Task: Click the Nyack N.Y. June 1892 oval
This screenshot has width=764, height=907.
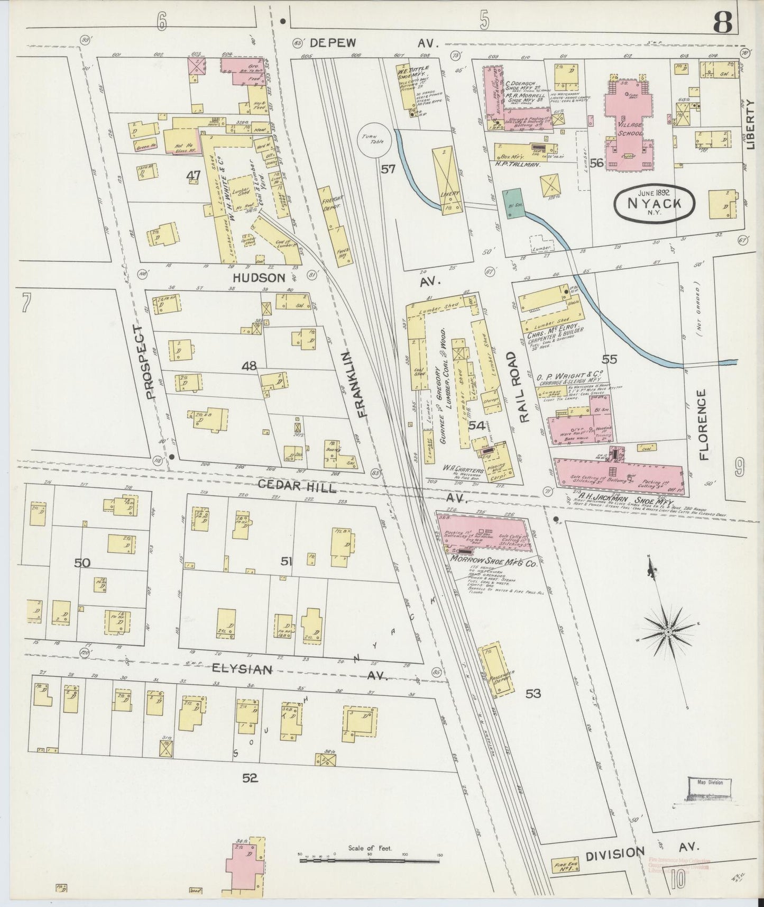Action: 654,201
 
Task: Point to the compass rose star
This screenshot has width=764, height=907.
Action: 669,631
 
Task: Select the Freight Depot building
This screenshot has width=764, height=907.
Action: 333,217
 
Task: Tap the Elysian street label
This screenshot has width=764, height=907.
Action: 242,669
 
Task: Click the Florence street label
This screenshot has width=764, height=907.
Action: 703,424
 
